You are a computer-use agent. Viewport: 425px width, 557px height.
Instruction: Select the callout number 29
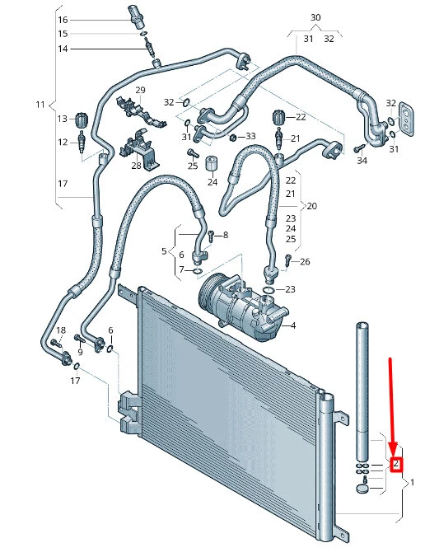[140, 91]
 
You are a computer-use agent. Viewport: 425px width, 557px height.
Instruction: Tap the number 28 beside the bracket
[137, 166]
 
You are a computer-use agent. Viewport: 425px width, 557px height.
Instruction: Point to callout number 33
[250, 136]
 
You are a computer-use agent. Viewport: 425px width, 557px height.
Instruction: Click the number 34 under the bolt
[362, 161]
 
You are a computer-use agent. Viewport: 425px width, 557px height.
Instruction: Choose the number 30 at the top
[315, 17]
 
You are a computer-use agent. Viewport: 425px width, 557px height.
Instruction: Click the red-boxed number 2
[396, 464]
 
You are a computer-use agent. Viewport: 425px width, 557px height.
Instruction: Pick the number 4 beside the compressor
[293, 325]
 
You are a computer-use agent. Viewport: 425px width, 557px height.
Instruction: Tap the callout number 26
[306, 262]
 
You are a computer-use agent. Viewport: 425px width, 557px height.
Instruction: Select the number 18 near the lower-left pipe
[59, 330]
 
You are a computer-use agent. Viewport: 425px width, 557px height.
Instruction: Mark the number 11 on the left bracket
[41, 105]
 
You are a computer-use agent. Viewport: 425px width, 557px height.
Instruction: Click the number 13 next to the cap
[63, 119]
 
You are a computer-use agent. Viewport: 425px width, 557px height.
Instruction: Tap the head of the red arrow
[395, 452]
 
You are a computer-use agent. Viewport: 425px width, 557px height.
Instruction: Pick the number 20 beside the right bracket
[311, 205]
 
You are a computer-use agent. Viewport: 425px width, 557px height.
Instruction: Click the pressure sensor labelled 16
[136, 16]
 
